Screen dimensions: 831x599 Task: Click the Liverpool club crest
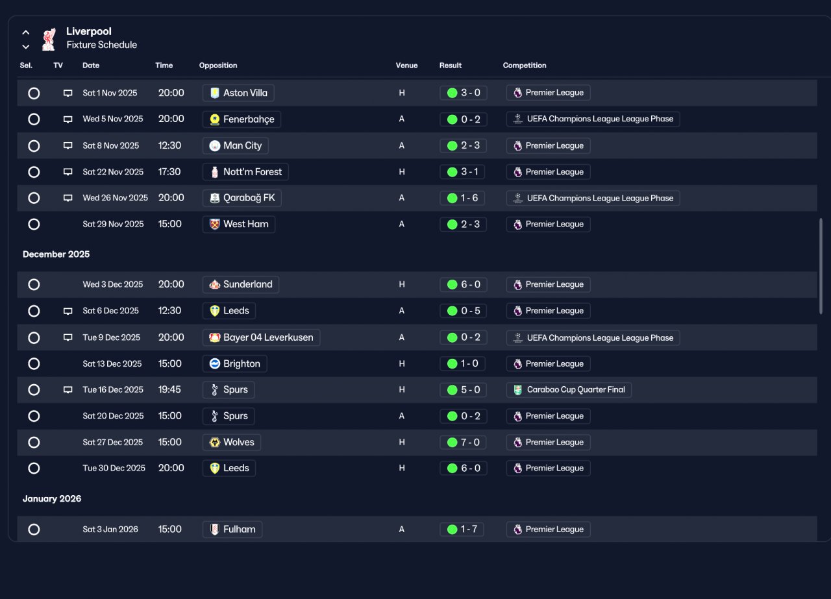49,39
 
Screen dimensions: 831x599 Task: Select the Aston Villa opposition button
238,93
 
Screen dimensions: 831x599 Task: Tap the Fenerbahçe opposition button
242,119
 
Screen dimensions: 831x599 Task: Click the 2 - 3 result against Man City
463,145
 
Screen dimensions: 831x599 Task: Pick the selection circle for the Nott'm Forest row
34,172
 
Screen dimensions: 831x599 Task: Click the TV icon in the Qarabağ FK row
68,198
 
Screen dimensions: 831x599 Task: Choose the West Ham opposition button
238,224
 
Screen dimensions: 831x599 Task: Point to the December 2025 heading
56,254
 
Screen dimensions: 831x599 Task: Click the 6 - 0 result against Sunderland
463,284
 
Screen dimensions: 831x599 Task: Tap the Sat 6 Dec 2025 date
110,310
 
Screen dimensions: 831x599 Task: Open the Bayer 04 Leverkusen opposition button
261,337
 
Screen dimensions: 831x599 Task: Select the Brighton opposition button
234,363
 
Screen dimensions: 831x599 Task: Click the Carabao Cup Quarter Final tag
569,389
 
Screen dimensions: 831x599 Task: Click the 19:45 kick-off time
169,389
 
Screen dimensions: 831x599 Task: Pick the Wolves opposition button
232,442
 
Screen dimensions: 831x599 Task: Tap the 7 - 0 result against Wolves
463,442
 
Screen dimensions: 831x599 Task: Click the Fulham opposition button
232,530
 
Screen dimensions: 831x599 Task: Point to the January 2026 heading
52,498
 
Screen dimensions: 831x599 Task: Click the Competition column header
525,66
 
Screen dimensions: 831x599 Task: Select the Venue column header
406,66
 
